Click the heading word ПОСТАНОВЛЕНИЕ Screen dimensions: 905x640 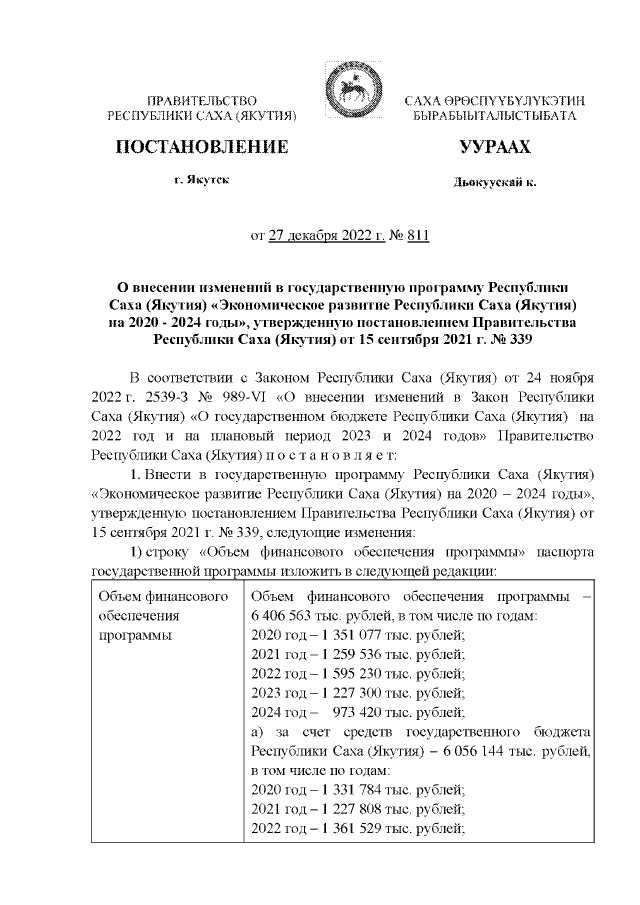pos(203,147)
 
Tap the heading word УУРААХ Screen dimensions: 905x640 pos(494,147)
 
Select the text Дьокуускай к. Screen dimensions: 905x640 pos(494,184)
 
